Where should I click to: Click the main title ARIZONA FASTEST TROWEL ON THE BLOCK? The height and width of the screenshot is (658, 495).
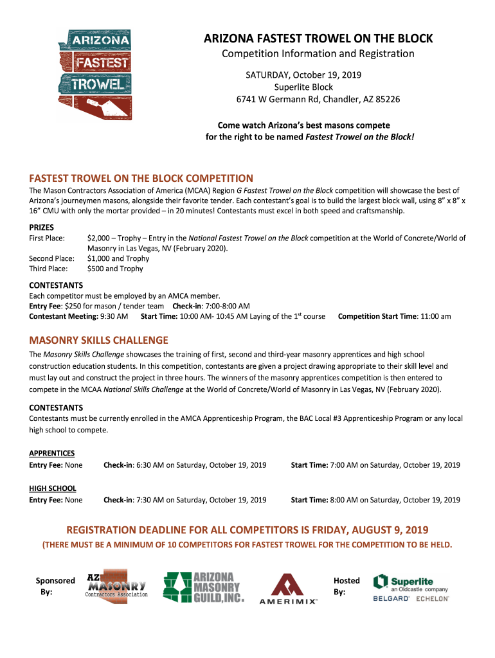pyautogui.click(x=318, y=39)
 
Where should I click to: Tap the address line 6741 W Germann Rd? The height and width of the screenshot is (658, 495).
pyautogui.click(x=318, y=100)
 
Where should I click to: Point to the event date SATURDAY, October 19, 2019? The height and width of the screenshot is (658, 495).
pyautogui.click(x=312, y=75)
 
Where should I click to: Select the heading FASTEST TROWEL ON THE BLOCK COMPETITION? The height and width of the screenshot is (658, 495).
pyautogui.click(x=141, y=178)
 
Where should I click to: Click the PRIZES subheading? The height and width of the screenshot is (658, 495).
pyautogui.click(x=42, y=227)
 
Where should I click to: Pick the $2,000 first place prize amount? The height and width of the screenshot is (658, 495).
pyautogui.click(x=98, y=238)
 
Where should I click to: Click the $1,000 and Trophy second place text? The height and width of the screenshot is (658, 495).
pyautogui.click(x=118, y=258)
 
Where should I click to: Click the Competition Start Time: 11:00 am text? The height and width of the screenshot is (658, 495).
pyautogui.click(x=394, y=316)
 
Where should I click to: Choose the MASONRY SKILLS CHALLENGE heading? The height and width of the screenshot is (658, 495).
pyautogui.click(x=99, y=340)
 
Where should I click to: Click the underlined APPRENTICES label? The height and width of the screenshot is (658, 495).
pyautogui.click(x=52, y=453)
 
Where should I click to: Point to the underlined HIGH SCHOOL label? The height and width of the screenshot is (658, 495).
pyautogui.click(x=53, y=488)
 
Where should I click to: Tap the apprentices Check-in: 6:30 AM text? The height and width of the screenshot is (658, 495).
pyautogui.click(x=184, y=465)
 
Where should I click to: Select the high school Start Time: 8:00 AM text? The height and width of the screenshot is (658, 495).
pyautogui.click(x=375, y=499)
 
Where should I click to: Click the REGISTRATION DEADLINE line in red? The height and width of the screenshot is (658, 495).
pyautogui.click(x=248, y=530)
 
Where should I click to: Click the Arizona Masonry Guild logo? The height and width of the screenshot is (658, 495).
pyautogui.click(x=203, y=587)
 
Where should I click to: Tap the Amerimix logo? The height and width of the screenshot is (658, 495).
pyautogui.click(x=287, y=589)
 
